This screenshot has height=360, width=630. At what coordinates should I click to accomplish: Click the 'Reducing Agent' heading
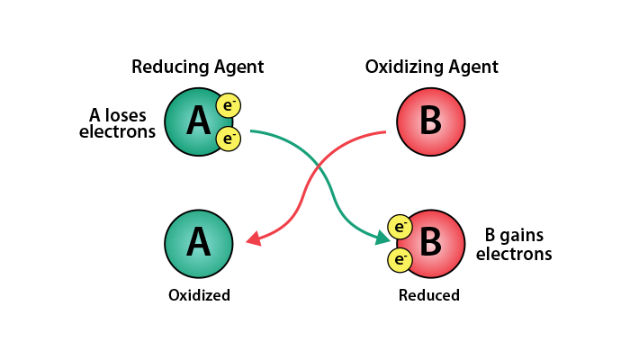(198, 67)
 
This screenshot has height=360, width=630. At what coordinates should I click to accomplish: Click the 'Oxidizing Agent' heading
(431, 67)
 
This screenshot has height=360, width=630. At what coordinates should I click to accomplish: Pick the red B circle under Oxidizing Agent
(431, 122)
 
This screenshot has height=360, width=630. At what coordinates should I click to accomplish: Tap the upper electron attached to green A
(229, 106)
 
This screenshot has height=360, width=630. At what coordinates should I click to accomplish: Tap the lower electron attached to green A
(229, 139)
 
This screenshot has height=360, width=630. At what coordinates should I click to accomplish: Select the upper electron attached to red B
(400, 227)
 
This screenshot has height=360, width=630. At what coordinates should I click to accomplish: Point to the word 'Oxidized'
(199, 295)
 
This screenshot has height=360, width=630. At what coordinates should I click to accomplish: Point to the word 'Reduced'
(429, 295)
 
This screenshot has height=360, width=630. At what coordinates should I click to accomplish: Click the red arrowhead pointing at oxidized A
(253, 238)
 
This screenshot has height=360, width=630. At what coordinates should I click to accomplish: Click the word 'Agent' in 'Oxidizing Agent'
(473, 67)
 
